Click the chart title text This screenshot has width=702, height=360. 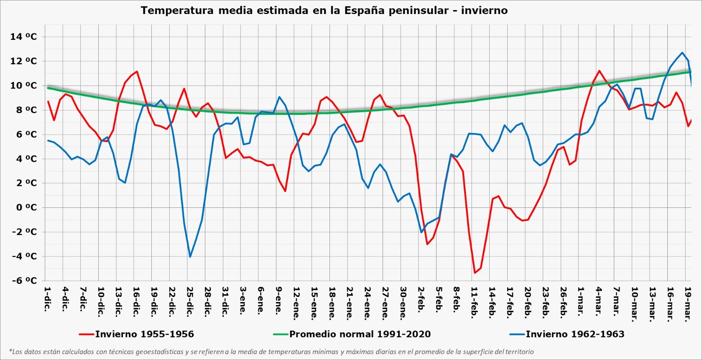[324, 11]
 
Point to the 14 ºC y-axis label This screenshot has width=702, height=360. [24, 37]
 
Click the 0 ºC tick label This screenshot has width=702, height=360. [26, 207]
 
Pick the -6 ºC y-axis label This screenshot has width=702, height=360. [24, 281]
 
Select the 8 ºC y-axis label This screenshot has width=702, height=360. [26, 110]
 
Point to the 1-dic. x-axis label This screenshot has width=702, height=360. [47, 299]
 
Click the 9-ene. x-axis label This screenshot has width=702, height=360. [279, 301]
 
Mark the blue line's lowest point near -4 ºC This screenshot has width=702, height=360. [190, 257]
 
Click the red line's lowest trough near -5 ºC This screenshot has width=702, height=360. [475, 273]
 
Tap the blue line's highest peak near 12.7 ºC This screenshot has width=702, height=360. [682, 53]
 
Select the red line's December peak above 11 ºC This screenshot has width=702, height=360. [137, 71]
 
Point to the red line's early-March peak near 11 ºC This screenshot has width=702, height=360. [599, 71]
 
